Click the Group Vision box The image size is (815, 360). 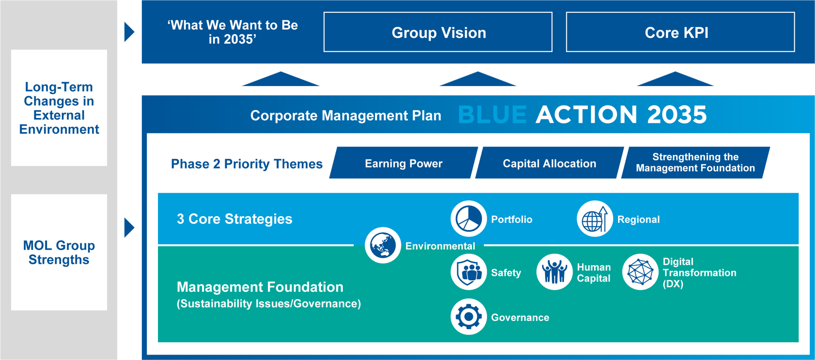point(438,32)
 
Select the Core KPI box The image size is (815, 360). point(680,32)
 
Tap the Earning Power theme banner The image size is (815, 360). point(404,163)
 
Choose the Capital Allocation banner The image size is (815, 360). point(549,163)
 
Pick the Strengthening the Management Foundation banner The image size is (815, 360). point(695,163)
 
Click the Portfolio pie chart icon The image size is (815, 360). point(468,219)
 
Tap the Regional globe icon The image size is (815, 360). point(595,219)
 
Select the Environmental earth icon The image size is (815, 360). point(383,245)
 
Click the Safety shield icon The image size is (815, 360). point(468,272)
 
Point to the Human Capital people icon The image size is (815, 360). point(554,272)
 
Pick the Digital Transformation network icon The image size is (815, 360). point(640,272)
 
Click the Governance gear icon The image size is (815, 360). point(468,317)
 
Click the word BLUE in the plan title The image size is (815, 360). point(492,115)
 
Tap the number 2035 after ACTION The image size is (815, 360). point(677,115)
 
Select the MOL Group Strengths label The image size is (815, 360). point(59,252)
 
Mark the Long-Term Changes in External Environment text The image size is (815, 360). point(59,108)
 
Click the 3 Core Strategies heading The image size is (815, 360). point(234,219)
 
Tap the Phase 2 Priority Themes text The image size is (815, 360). point(247,164)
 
